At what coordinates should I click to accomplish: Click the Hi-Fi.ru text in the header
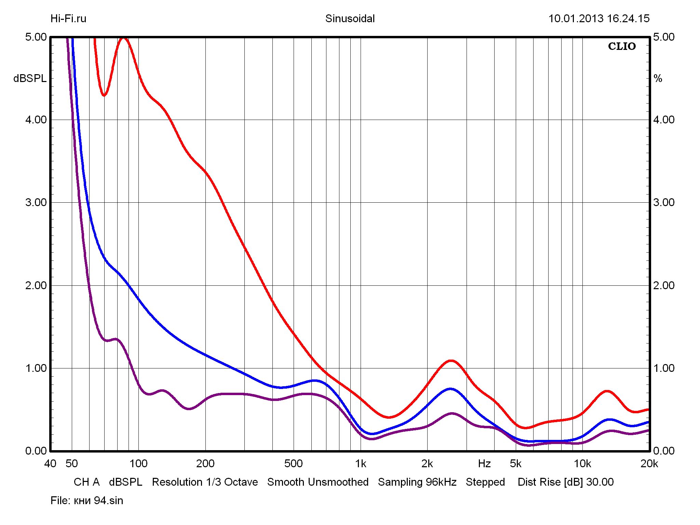tap(68, 18)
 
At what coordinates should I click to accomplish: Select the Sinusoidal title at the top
tap(350, 18)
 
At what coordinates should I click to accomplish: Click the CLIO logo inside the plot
tap(622, 46)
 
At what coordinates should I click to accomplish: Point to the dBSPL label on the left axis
tap(30, 79)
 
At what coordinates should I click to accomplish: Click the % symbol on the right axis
tap(658, 79)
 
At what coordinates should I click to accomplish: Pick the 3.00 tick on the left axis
tap(36, 202)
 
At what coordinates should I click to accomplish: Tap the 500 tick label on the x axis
tap(293, 463)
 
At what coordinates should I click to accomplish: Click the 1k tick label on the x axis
tap(360, 463)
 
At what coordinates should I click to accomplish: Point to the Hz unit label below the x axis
tap(484, 463)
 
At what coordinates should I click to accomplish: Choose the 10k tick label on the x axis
tap(582, 463)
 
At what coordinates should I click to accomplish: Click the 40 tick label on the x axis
tap(50, 463)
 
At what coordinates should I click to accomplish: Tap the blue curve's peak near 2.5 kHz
tap(450, 389)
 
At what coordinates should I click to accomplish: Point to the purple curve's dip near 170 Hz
tap(189, 409)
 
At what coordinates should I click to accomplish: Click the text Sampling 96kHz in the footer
tap(417, 482)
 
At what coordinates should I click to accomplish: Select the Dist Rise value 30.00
tap(600, 482)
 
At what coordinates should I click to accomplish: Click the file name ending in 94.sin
tap(98, 501)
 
